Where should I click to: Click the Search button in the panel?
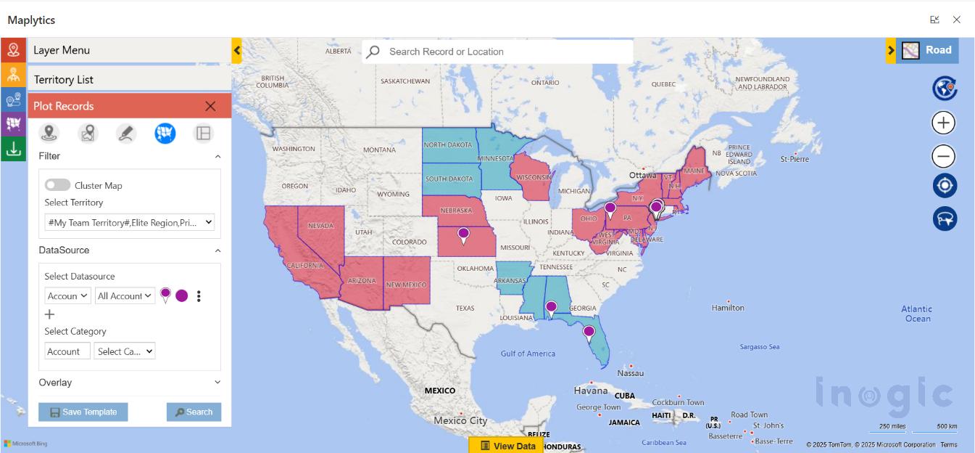click(x=194, y=412)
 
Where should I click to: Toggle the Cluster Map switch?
click(x=57, y=185)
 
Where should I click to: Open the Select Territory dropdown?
click(x=130, y=222)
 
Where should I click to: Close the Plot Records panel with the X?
click(x=210, y=106)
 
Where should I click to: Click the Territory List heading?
click(x=64, y=79)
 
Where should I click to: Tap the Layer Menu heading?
click(x=62, y=50)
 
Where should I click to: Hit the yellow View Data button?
click(x=508, y=446)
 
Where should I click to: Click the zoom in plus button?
click(x=943, y=123)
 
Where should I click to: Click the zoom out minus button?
click(x=943, y=156)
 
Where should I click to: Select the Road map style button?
click(x=927, y=50)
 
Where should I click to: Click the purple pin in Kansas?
click(x=463, y=234)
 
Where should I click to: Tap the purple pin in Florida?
click(x=589, y=332)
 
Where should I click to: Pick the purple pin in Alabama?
click(x=551, y=308)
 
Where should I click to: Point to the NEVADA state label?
click(x=320, y=226)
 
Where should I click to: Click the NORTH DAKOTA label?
click(x=448, y=145)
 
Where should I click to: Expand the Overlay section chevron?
click(x=217, y=382)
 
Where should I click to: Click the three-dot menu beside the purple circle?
click(x=199, y=296)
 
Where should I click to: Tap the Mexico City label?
click(x=460, y=420)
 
